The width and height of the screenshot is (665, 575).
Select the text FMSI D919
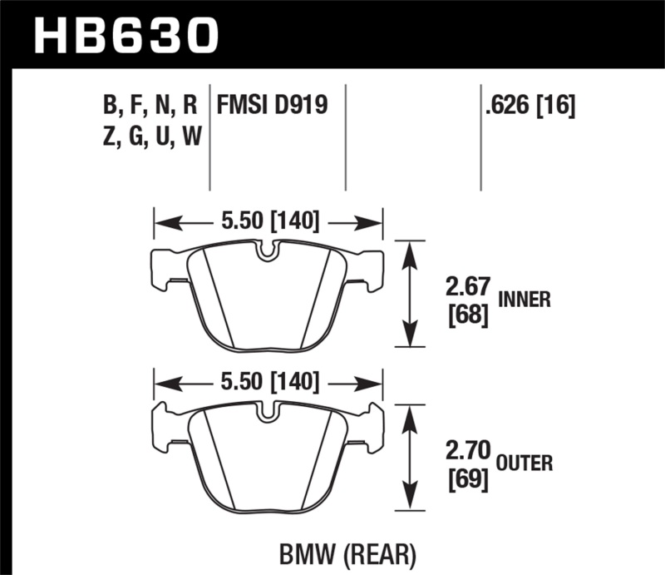pos(272,104)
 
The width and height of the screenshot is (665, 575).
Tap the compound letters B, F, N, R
pos(150,104)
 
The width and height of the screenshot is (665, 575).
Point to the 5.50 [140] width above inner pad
pos(268,222)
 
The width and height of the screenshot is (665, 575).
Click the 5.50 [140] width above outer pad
pos(268,383)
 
